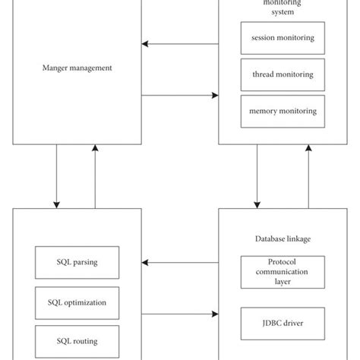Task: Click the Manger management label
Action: tap(77, 68)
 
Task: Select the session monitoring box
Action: tap(278, 38)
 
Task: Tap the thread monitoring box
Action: tap(278, 74)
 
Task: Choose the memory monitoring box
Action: tap(278, 111)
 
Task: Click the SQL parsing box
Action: tap(77, 262)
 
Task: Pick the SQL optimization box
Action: tap(77, 302)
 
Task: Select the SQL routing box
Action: tap(77, 341)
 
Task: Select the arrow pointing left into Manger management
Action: tap(180, 43)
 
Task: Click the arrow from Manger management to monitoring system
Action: tap(180, 95)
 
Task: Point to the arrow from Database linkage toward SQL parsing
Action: tap(180, 263)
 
